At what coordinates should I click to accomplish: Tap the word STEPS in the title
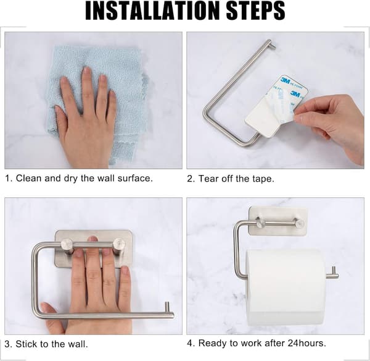click(x=255, y=11)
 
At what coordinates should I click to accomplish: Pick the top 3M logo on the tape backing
click(x=286, y=80)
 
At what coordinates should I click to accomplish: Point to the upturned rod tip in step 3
click(x=167, y=307)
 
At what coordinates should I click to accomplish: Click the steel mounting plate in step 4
click(x=279, y=221)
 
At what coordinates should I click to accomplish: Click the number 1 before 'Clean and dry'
click(x=8, y=179)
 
